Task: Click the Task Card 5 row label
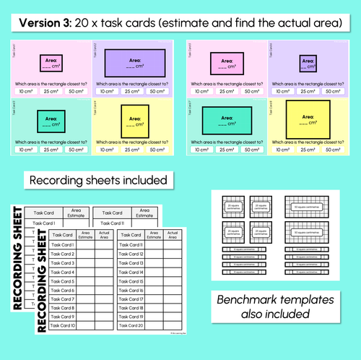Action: click(62, 281)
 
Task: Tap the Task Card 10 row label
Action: click(62, 325)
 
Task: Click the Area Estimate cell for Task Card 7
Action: click(84, 299)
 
